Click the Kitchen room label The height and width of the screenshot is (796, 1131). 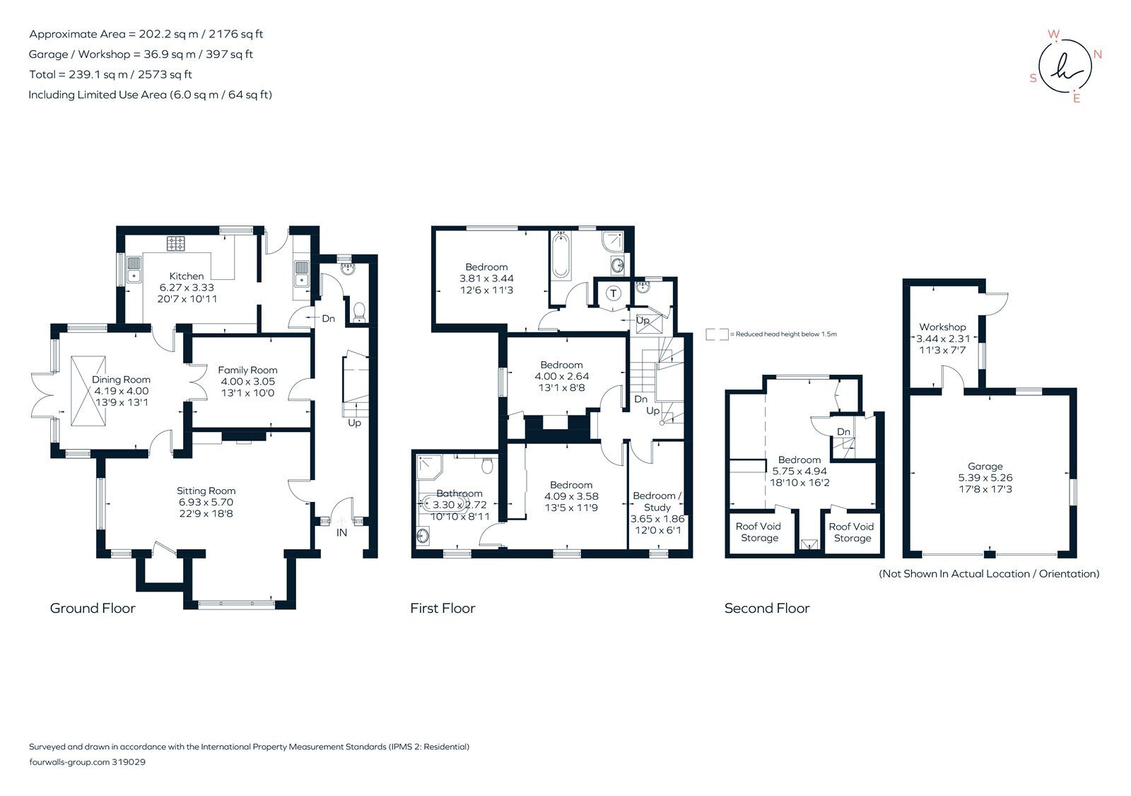point(187,276)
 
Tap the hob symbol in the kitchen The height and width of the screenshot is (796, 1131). point(175,244)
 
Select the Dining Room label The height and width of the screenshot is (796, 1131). point(121,380)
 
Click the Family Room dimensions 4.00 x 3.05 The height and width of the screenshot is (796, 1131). point(247,381)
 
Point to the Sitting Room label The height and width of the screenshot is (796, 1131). point(206,491)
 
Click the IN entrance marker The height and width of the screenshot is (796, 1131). point(341,532)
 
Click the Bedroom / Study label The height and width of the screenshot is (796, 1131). point(657,501)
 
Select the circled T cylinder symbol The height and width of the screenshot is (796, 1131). point(613,293)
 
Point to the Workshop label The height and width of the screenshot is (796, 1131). point(942,327)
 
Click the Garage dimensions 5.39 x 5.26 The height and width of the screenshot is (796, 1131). point(985,478)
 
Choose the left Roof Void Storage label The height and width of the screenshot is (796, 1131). point(758,532)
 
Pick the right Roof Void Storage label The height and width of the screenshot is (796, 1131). point(851,532)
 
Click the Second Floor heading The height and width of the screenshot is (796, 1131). point(766,608)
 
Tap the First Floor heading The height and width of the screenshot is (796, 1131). point(443,608)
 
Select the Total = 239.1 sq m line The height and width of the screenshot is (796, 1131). point(110,74)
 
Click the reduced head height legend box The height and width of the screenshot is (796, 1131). point(717,334)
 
